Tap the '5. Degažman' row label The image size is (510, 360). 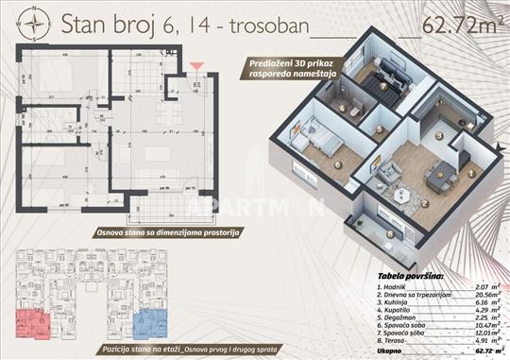pyautogui.click(x=397, y=314)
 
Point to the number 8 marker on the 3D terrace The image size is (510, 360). pyautogui.click(x=390, y=232)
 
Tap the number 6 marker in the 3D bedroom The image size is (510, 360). pyautogui.click(x=337, y=163)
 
